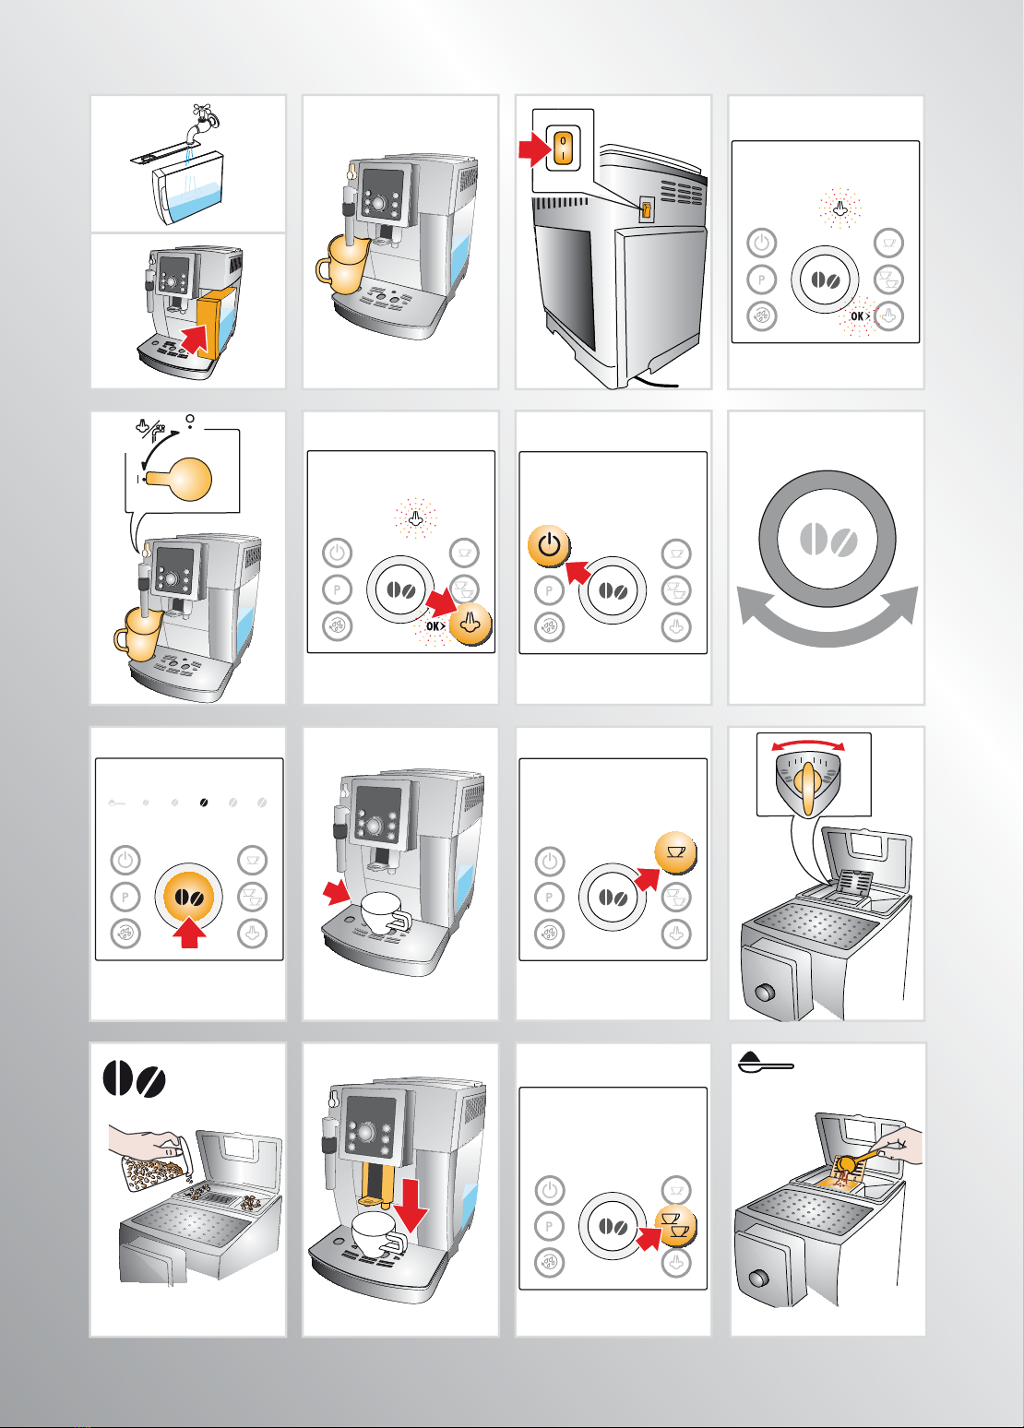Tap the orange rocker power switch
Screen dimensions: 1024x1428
pos(564,149)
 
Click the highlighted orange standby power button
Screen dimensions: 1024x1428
pos(549,546)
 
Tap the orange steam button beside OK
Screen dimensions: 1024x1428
pos(470,624)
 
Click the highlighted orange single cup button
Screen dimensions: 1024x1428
pos(676,852)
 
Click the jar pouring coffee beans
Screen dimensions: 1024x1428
pos(160,1160)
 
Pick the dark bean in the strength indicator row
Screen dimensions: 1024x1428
pos(204,803)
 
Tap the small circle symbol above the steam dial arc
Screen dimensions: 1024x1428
pos(190,418)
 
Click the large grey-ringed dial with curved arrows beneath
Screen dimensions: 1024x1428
pos(827,540)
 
